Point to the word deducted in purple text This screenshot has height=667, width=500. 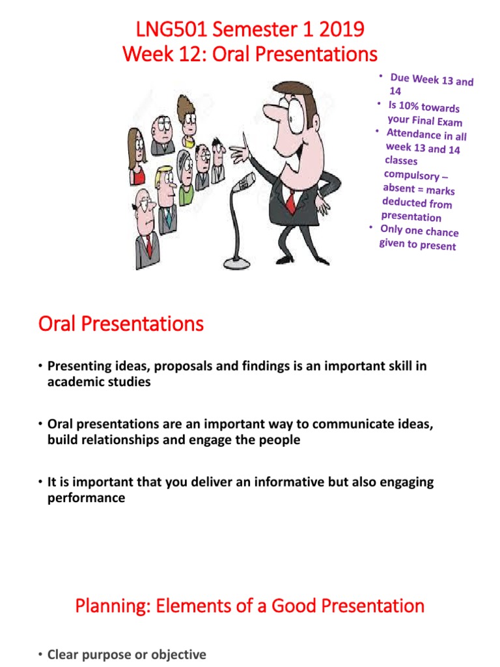(x=404, y=203)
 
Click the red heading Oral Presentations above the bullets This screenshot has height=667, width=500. (x=120, y=324)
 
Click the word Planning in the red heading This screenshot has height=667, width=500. (x=106, y=606)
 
